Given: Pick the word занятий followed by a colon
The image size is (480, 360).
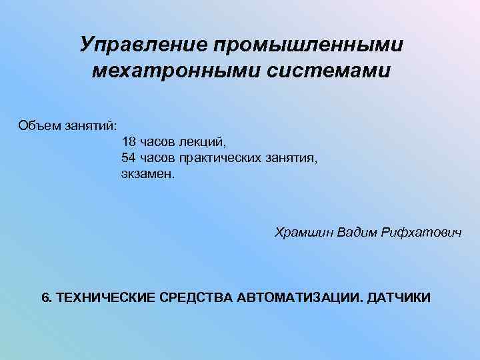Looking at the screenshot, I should tap(91, 125).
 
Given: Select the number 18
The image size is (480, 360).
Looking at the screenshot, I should tap(129, 141).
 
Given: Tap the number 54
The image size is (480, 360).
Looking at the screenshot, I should tap(129, 157).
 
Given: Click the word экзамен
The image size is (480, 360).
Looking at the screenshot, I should tap(147, 173).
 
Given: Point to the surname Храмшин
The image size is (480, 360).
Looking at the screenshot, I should tap(304, 232).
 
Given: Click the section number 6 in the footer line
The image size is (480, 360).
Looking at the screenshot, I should tap(46, 297).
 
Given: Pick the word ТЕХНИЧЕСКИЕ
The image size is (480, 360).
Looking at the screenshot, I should tap(106, 297).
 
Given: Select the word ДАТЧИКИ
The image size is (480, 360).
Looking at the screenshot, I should tap(401, 297).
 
